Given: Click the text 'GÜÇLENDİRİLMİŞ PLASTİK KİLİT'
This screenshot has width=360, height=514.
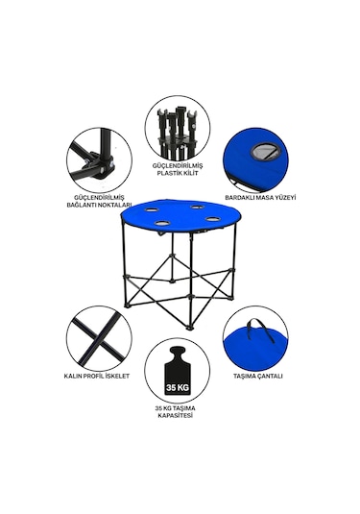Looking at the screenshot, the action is pyautogui.click(x=178, y=169).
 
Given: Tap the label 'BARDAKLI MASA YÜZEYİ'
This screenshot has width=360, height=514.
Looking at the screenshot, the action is pyautogui.click(x=260, y=197).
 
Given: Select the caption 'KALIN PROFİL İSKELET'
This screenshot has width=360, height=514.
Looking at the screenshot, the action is pyautogui.click(x=97, y=376).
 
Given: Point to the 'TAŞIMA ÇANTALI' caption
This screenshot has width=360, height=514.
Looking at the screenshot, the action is pyautogui.click(x=258, y=376).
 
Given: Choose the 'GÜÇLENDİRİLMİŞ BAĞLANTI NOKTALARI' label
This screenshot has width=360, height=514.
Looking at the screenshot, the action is pyautogui.click(x=100, y=201).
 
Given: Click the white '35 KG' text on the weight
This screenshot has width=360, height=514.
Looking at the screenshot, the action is pyautogui.click(x=178, y=388).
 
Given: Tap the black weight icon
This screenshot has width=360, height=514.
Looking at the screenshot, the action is pyautogui.click(x=178, y=371).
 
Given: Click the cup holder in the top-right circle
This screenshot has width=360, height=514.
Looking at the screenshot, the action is pyautogui.click(x=265, y=151).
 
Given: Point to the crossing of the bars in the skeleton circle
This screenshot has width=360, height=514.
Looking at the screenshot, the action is pyautogui.click(x=98, y=340).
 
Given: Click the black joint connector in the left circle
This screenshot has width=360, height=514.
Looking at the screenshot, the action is pyautogui.click(x=102, y=166).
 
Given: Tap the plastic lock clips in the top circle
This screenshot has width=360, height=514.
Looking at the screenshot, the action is pyautogui.click(x=178, y=126).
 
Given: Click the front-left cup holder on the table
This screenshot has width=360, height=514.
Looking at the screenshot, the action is pyautogui.click(x=161, y=223).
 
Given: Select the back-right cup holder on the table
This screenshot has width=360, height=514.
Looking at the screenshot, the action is pyautogui.click(x=197, y=207).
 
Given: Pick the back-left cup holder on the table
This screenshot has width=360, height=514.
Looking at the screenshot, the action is pyautogui.click(x=151, y=209).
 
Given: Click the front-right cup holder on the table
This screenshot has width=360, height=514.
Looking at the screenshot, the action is pyautogui.click(x=212, y=218).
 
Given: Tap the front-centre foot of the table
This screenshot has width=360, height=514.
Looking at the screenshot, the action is pyautogui.click(x=190, y=327).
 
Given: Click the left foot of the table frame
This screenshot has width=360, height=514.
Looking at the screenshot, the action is pyautogui.click(x=128, y=306).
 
